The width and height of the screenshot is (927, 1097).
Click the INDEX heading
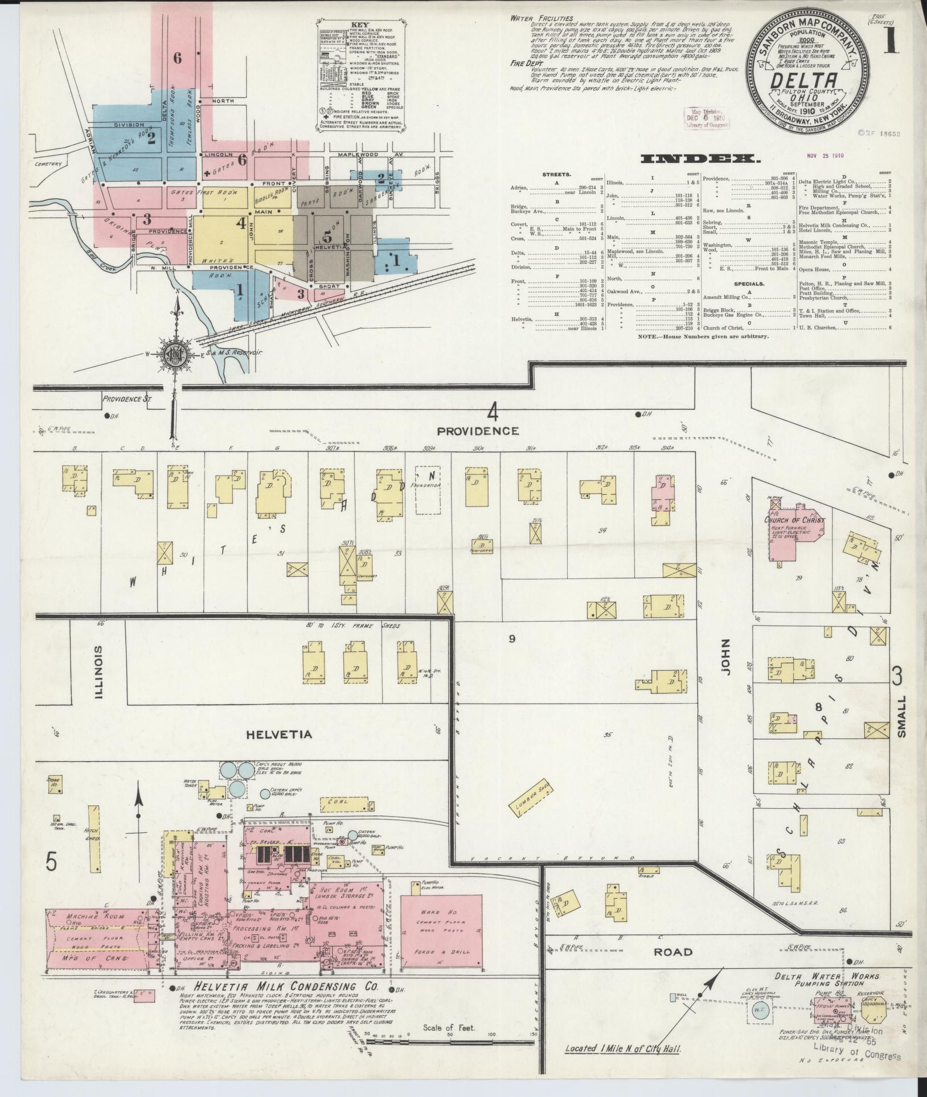click(700, 159)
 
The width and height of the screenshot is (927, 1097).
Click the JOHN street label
click(724, 664)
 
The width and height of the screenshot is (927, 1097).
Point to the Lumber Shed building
click(530, 798)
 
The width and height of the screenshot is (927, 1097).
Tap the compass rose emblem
click(176, 355)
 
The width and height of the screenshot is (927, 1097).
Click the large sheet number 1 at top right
click(891, 43)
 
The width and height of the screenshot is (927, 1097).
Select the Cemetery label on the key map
click(47, 164)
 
